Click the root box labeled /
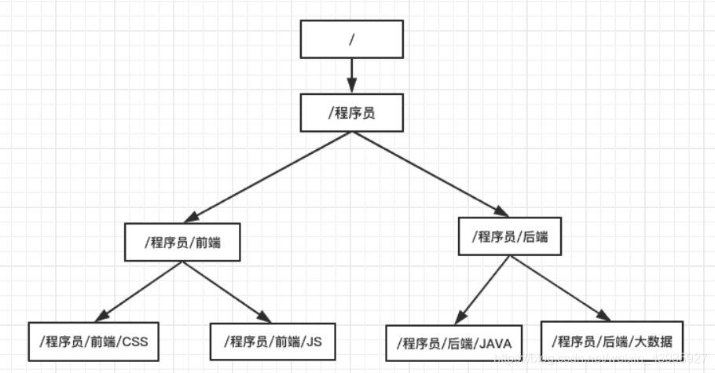[351, 38]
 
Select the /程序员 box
[351, 112]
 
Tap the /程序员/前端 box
[182, 243]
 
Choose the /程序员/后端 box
[510, 236]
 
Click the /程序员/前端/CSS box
[93, 342]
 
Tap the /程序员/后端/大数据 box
[612, 341]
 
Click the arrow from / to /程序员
[351, 75]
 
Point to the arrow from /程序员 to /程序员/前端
[264, 177]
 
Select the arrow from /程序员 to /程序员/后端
[429, 173]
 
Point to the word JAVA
[494, 342]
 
